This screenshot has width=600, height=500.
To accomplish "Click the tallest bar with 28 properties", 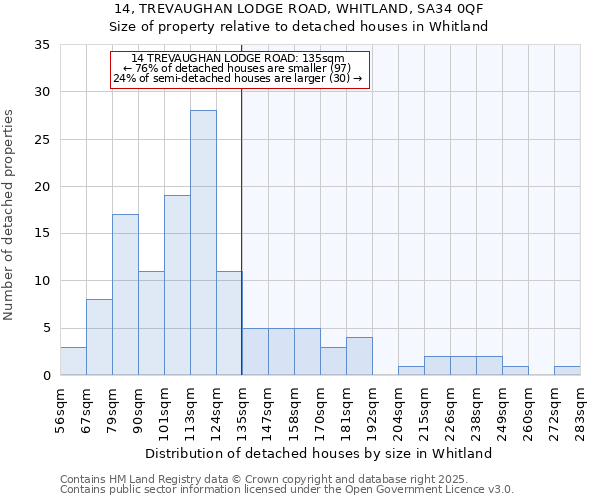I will [203, 243].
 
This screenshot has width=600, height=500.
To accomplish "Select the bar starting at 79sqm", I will [125, 295].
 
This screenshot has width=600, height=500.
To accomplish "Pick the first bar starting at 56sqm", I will [73, 361].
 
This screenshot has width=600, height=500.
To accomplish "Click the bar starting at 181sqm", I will [359, 356].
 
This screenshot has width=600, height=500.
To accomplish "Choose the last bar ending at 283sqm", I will [567, 371].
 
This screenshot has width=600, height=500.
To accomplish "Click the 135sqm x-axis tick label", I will [242, 409].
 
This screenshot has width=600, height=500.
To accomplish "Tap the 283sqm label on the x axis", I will [580, 409].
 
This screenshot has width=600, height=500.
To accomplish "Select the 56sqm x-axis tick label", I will [60, 409].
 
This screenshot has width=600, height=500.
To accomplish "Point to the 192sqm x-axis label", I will [372, 409].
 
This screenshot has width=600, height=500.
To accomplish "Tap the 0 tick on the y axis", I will [46, 376].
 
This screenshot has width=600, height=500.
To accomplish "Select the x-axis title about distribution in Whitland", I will [319, 453].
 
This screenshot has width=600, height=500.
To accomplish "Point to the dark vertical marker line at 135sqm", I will [242, 250].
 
